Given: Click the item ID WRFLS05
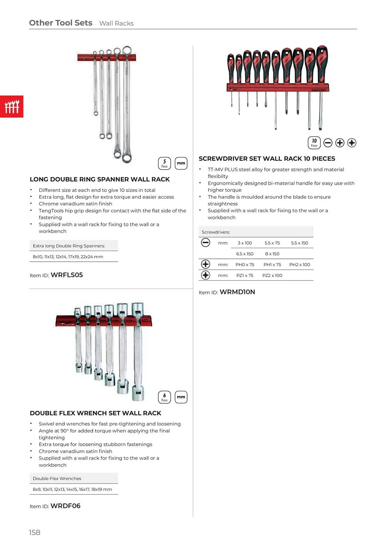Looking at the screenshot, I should point(67,275).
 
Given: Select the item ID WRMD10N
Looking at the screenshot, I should point(237,292).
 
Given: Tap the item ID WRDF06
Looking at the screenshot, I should point(66,506).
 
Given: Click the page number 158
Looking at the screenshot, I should point(35,532).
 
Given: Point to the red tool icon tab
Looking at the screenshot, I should point(12,106).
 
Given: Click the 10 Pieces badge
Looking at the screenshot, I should point(314,143).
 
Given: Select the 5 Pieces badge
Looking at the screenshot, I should point(164,163).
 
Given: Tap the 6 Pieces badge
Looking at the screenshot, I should point(164,397).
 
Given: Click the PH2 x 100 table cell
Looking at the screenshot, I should point(299,265).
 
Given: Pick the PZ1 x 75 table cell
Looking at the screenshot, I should point(245,275).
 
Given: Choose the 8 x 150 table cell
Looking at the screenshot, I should point(272,254).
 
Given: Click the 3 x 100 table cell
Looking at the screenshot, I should point(245,243).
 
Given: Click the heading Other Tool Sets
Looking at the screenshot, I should point(61,23).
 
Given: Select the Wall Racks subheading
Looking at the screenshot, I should point(116,23).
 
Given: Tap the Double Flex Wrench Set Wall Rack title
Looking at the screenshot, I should point(95,413).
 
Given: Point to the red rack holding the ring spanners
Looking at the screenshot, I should point(106,57).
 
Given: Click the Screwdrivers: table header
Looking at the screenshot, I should point(216,232).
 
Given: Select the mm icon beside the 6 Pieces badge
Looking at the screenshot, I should point(181,397).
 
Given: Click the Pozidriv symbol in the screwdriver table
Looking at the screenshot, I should point(206,275).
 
